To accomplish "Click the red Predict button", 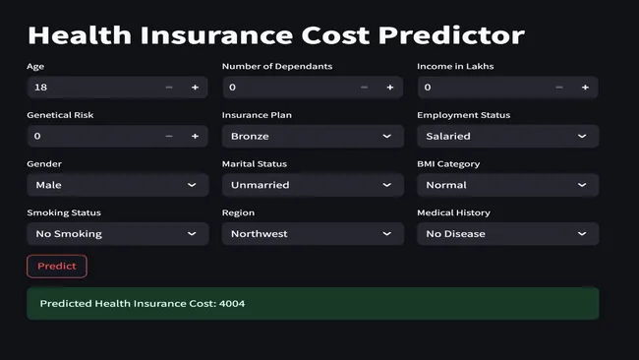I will click(57, 267).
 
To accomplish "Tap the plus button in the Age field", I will click(195, 88).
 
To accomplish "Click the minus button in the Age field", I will click(169, 88).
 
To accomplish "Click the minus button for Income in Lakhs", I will click(559, 88).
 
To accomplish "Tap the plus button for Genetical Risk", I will click(195, 136).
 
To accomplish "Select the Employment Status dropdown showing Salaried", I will click(506, 136).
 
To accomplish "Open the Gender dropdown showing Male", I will click(117, 185).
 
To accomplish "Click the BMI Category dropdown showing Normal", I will click(506, 185).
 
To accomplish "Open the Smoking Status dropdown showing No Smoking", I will click(117, 234).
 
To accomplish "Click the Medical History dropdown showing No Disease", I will click(506, 234).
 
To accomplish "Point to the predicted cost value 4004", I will click(234, 304).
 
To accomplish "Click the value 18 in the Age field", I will click(41, 88).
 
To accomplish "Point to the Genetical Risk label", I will click(60, 115).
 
